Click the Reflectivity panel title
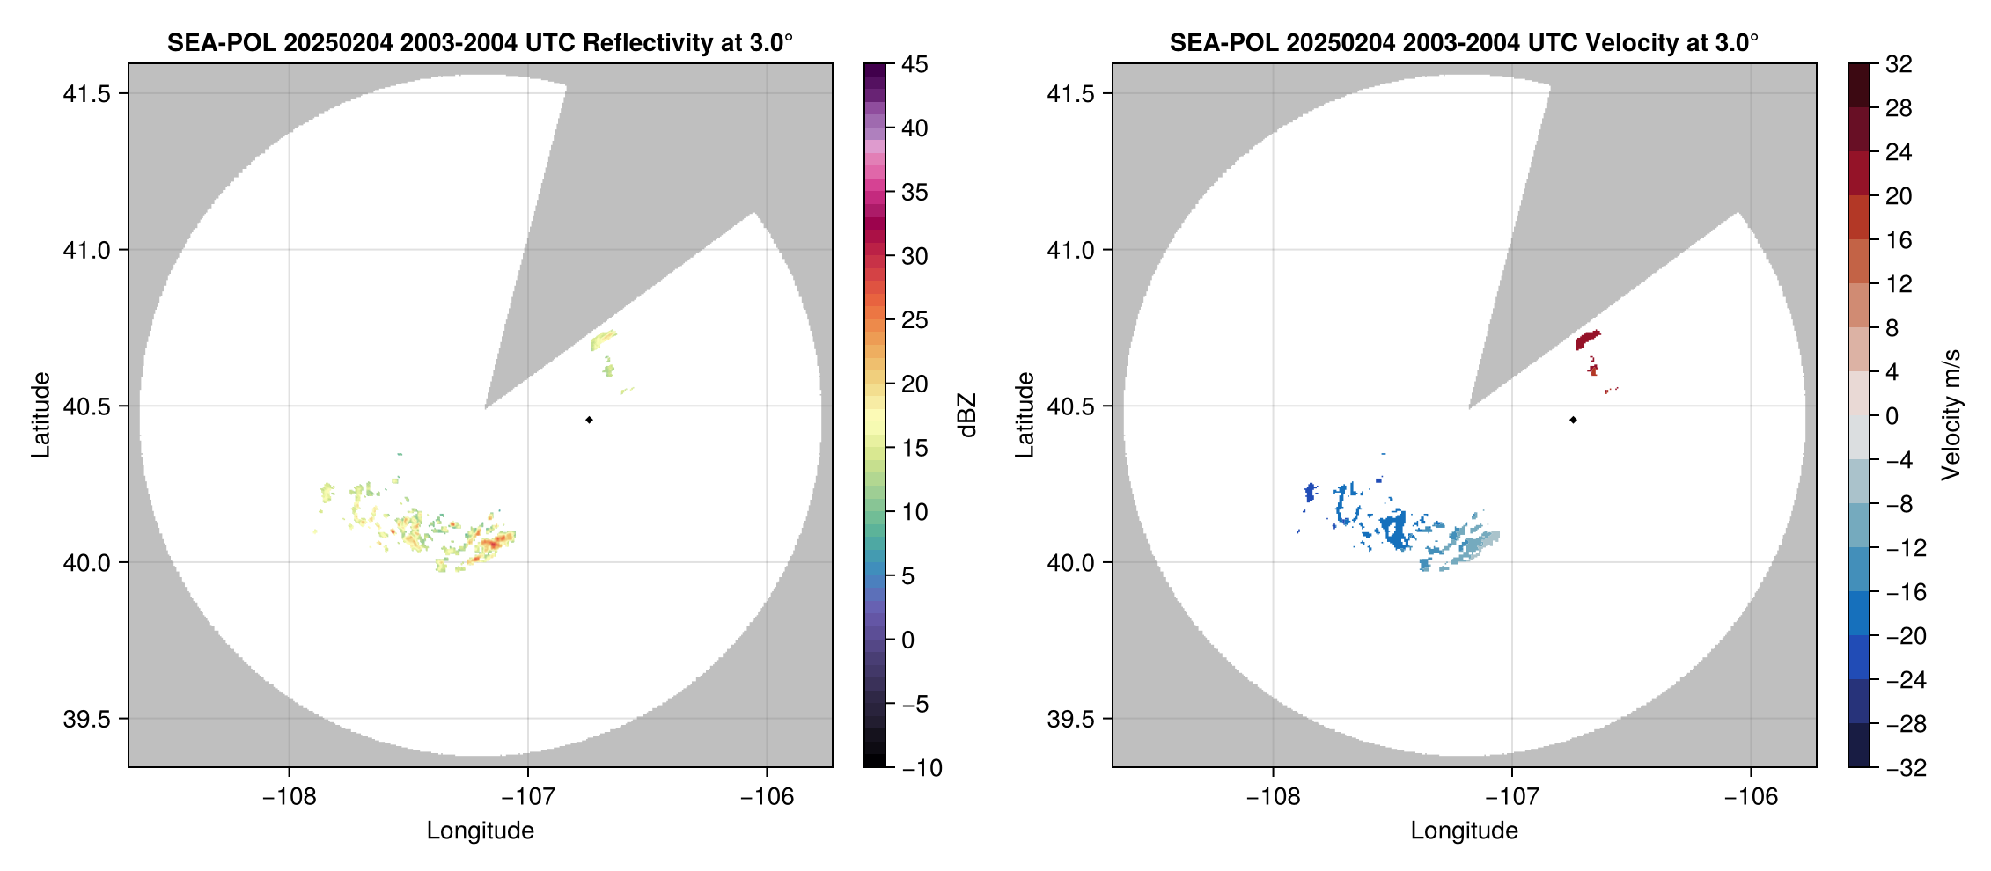click(x=480, y=42)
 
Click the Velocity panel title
click(x=1464, y=42)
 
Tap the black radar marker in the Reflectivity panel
click(x=589, y=420)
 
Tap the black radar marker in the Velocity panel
click(x=1573, y=420)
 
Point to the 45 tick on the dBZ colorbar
click(x=915, y=64)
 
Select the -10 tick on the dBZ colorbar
click(x=922, y=767)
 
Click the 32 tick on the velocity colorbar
click(x=1899, y=64)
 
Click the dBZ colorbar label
click(x=966, y=415)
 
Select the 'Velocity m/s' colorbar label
click(x=1951, y=415)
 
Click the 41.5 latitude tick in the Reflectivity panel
click(x=86, y=93)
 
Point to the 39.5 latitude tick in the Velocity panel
click(x=1070, y=719)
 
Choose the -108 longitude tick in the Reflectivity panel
click(x=289, y=796)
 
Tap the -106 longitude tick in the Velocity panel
click(x=1750, y=796)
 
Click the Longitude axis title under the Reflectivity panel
click(x=480, y=831)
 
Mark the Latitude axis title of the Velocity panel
click(x=1024, y=415)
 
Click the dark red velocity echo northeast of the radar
click(x=1586, y=340)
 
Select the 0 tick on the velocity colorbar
click(x=1892, y=416)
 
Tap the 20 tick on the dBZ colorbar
click(x=915, y=384)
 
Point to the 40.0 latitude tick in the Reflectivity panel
click(x=86, y=562)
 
